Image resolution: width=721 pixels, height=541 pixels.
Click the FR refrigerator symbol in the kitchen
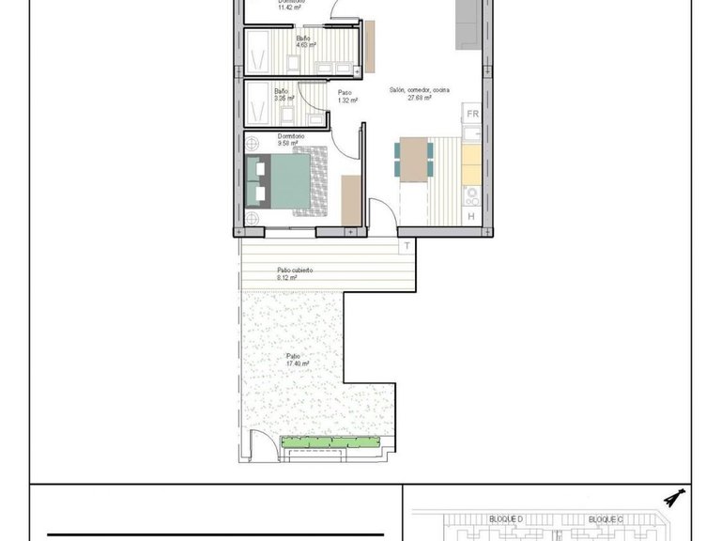(473, 115)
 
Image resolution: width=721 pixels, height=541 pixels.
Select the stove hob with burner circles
(472, 195)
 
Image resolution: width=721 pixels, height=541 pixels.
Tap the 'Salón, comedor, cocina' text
(419, 90)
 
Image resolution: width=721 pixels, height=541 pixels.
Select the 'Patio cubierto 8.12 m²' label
(294, 273)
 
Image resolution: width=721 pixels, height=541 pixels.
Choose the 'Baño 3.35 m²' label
(284, 94)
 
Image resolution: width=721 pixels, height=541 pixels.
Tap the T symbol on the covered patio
(407, 246)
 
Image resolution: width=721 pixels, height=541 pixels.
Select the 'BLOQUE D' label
(505, 518)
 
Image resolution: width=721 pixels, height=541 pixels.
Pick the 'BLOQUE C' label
(606, 518)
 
